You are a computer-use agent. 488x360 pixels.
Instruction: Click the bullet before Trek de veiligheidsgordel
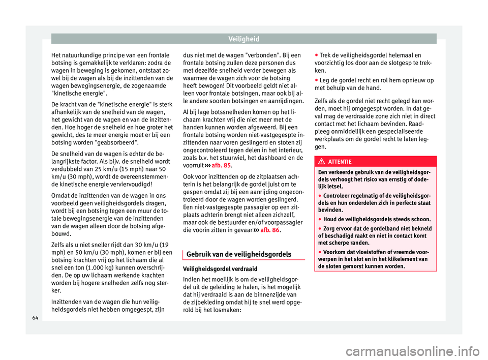point(316,54)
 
